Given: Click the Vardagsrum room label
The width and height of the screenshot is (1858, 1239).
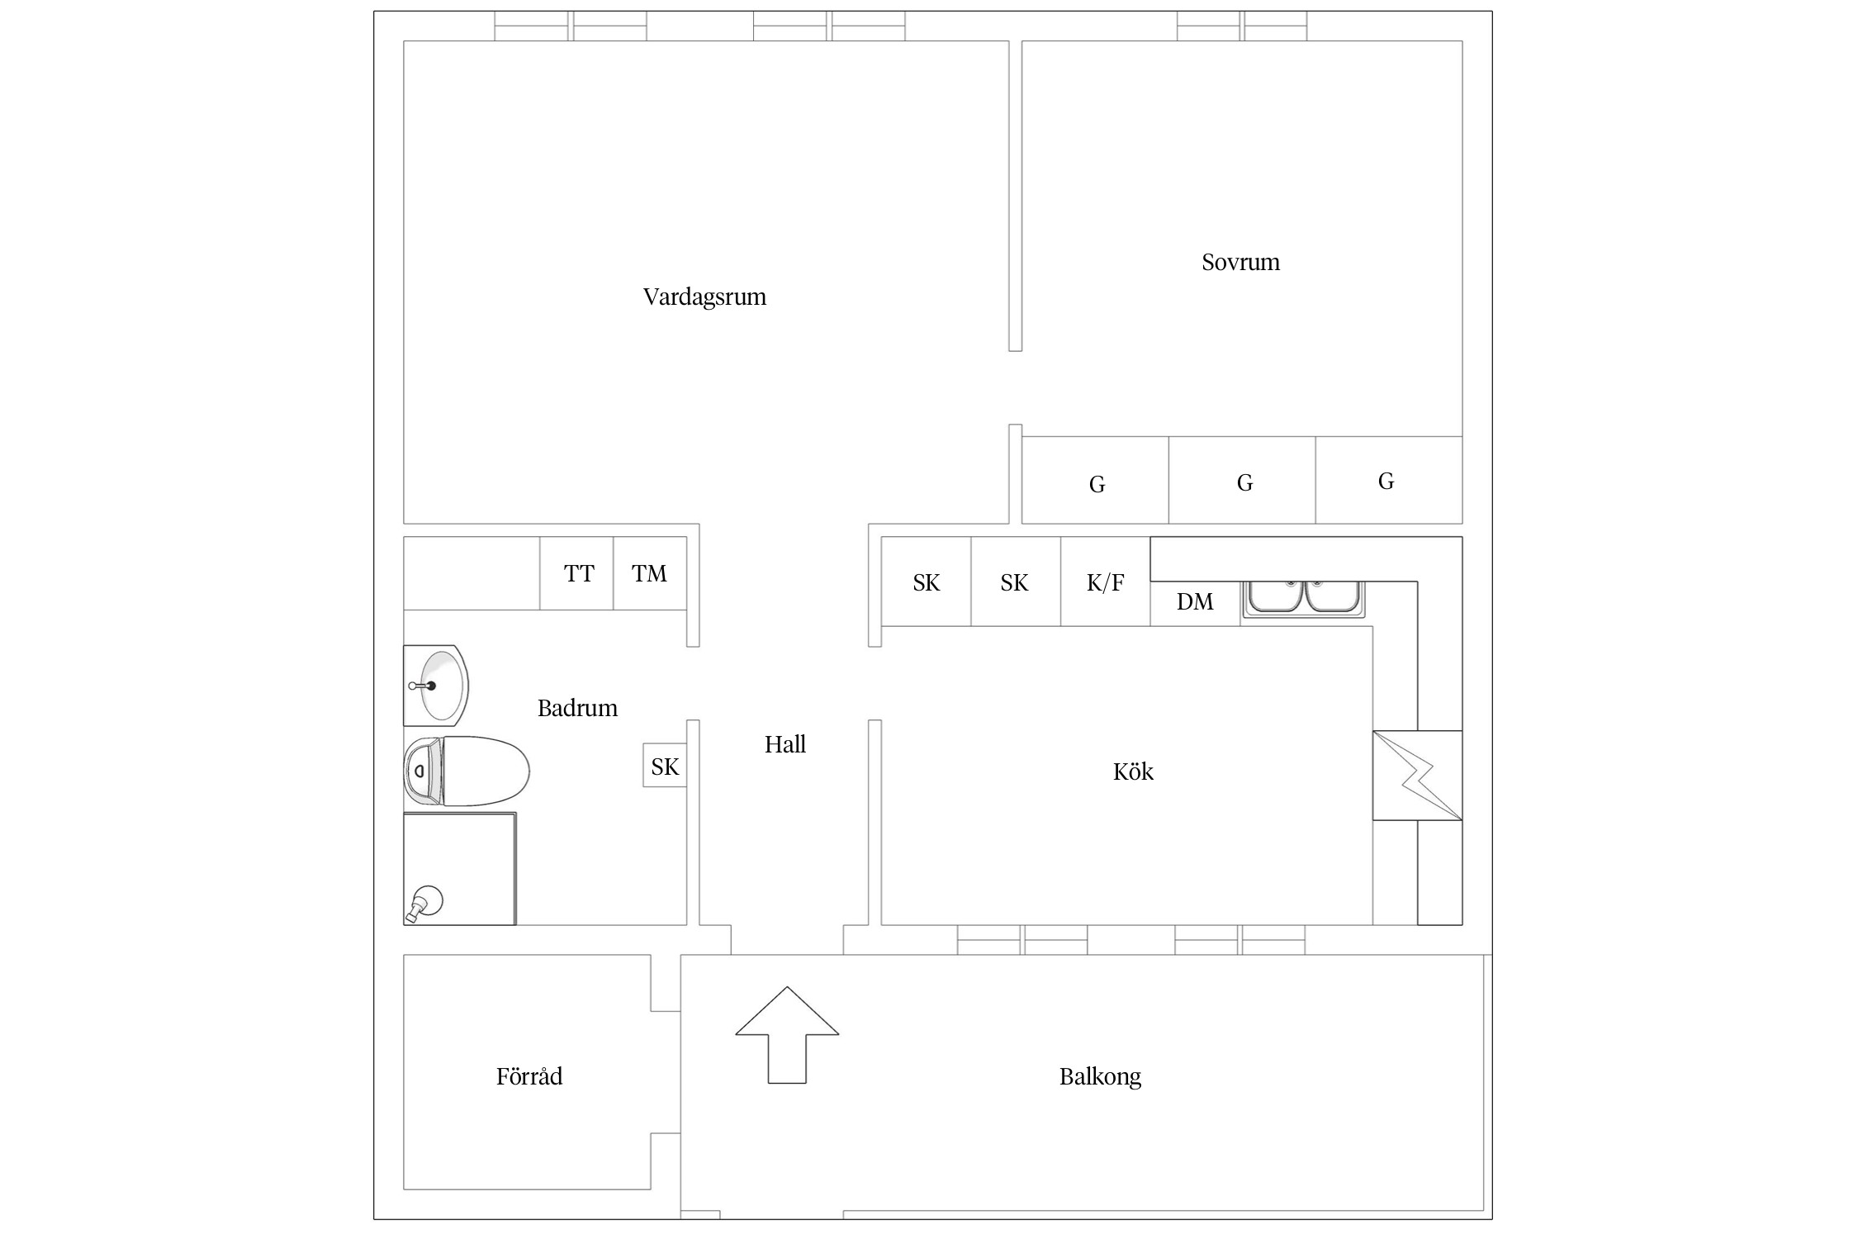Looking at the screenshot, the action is [704, 297].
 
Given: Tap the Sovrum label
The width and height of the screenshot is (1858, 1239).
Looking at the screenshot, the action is [1240, 262].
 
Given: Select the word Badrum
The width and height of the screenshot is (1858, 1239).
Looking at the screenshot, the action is [577, 708].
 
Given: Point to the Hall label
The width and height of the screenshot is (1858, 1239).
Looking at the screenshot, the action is [784, 744].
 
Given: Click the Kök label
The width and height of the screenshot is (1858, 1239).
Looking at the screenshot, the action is [1133, 771].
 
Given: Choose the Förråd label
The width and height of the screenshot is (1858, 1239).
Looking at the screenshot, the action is [529, 1075].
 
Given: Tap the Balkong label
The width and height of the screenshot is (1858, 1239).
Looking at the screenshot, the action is [1100, 1076].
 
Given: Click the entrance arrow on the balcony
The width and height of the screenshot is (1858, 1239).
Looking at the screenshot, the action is [787, 1034].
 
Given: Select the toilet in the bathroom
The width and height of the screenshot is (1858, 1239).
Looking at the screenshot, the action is [467, 771].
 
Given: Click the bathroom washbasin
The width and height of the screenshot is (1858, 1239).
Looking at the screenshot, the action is [436, 686].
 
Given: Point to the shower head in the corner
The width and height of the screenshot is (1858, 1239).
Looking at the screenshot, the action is [424, 904].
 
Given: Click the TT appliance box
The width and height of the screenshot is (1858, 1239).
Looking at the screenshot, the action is [576, 573].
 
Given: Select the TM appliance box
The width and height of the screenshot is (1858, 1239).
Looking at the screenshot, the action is [650, 573].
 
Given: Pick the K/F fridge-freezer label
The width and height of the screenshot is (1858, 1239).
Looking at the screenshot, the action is [1105, 582].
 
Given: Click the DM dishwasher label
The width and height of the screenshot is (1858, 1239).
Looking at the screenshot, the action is [1195, 601].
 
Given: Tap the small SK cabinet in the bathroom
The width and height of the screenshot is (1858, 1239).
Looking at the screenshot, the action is [665, 766].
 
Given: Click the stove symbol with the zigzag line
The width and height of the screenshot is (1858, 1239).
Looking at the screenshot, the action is [1417, 776].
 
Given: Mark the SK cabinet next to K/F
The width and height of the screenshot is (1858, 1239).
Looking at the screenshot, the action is [1016, 582].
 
